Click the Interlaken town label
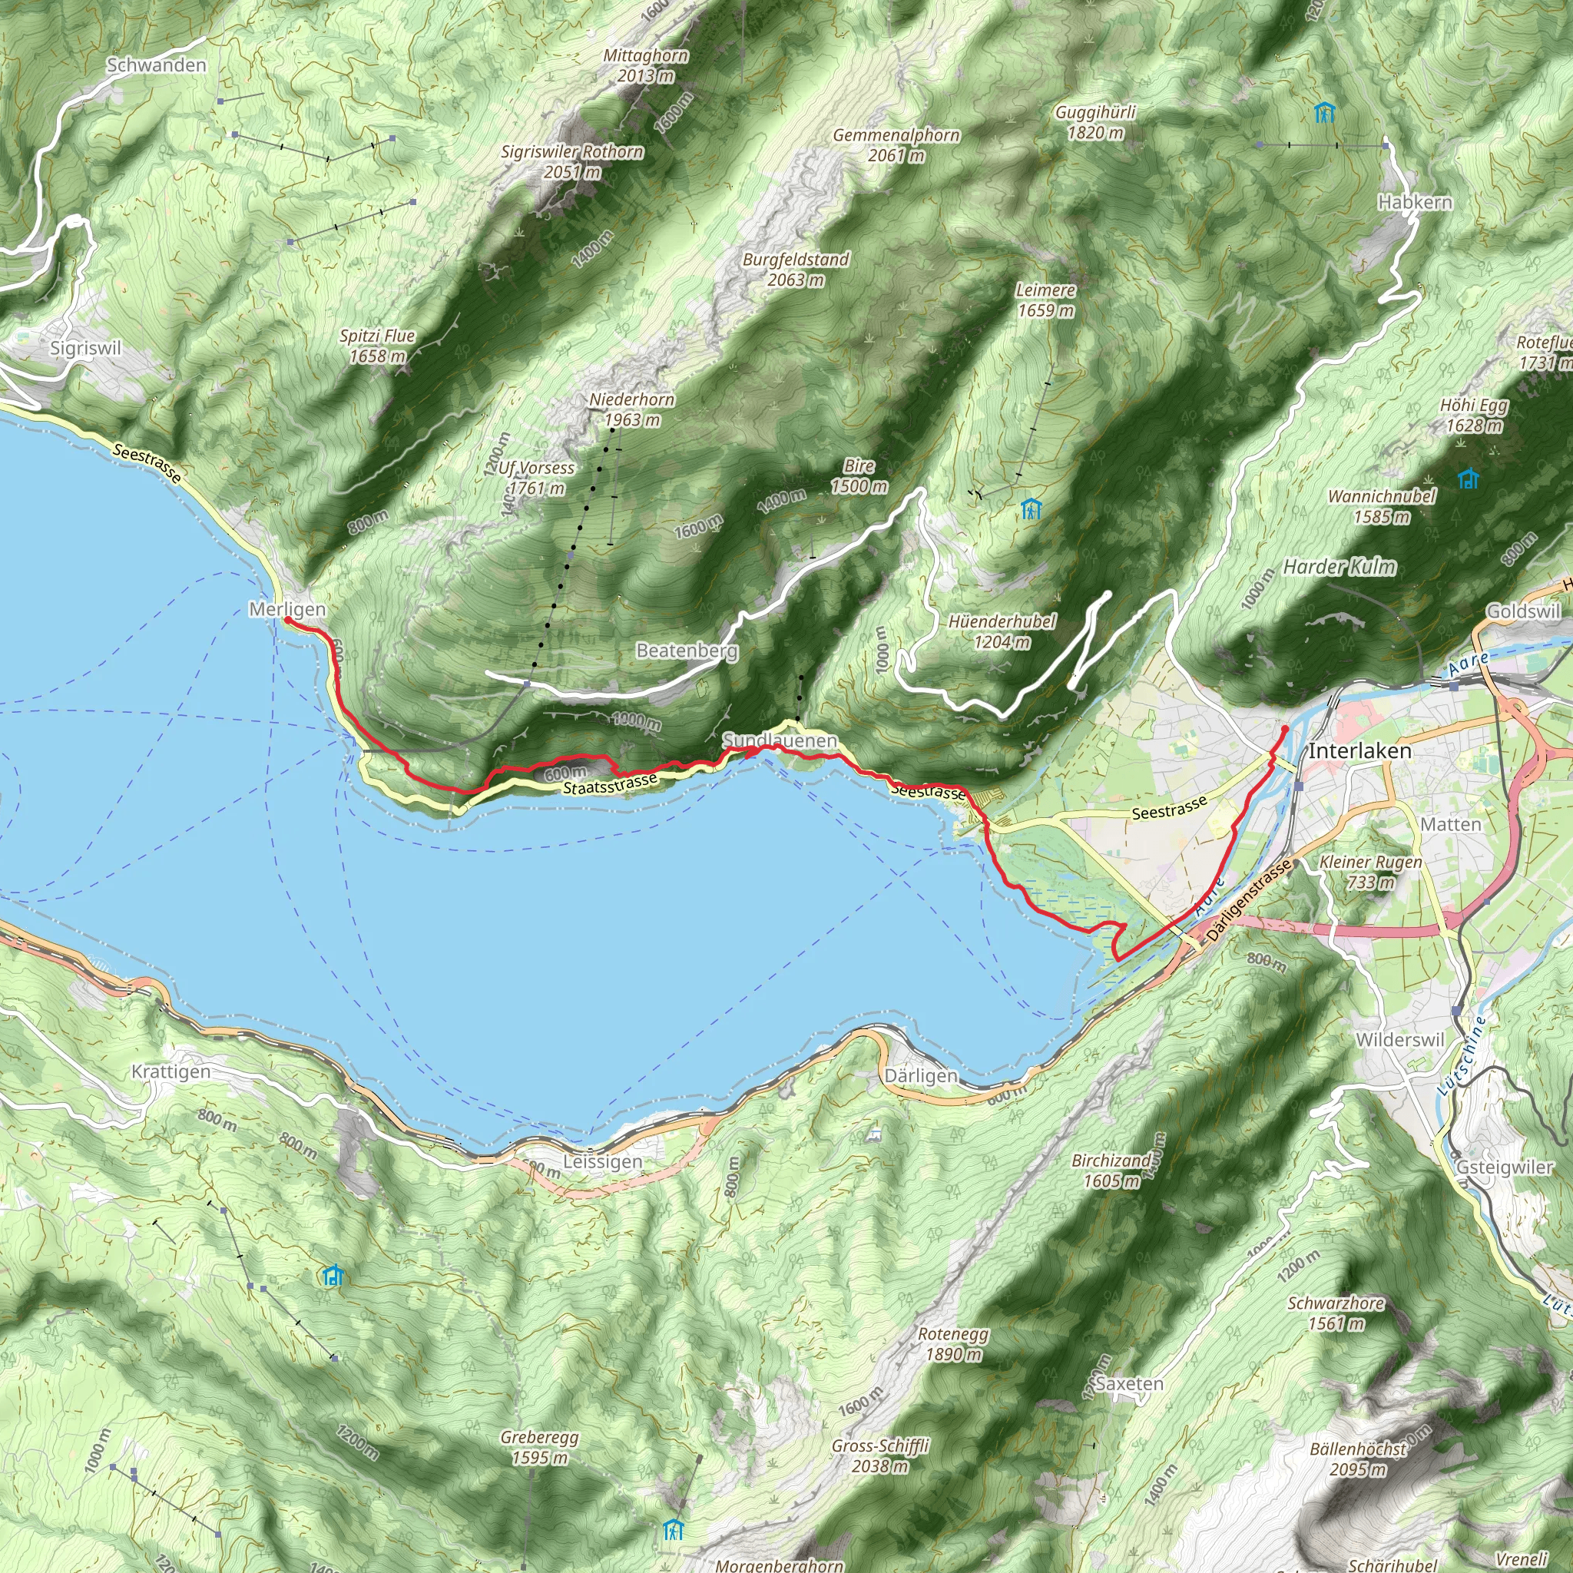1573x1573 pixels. (x=1359, y=750)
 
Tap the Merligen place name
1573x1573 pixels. (x=286, y=609)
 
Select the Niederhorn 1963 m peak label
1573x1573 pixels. (x=632, y=409)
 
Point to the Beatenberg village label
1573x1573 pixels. (x=687, y=651)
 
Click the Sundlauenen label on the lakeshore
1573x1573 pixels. (x=780, y=741)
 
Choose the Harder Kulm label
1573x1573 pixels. (x=1340, y=567)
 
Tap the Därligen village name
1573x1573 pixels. (x=921, y=1075)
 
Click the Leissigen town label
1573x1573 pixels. (x=602, y=1162)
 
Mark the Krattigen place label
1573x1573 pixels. (x=171, y=1071)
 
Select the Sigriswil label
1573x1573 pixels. (x=85, y=349)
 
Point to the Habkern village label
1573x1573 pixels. (x=1415, y=202)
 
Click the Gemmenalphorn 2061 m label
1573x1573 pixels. (x=896, y=145)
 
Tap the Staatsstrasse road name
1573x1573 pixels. (x=610, y=784)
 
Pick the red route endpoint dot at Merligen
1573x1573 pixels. (x=287, y=621)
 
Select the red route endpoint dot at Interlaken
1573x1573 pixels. (x=1285, y=728)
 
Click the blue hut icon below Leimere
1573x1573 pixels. (x=1031, y=511)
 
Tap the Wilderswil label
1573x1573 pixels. (x=1399, y=1041)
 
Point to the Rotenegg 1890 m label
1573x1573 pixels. (x=952, y=1344)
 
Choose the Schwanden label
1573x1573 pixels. (x=157, y=66)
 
